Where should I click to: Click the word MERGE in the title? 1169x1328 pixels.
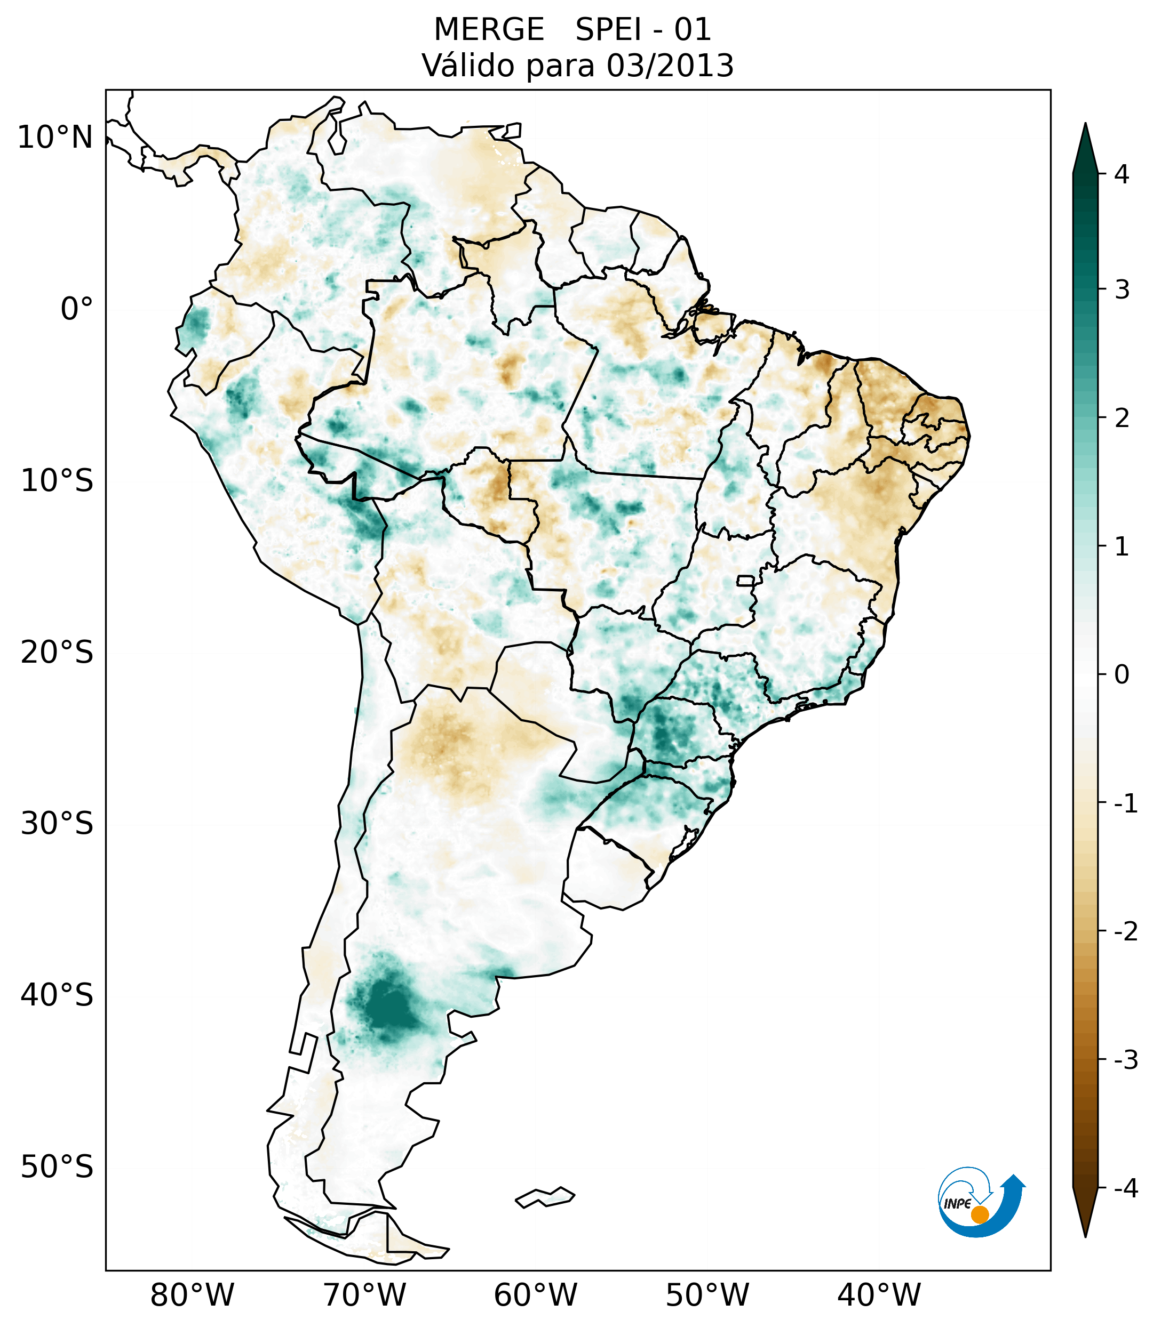[489, 30]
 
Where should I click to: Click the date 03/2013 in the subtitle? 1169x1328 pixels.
[670, 66]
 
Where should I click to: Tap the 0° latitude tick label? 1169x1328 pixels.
[77, 309]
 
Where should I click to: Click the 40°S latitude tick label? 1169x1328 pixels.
[57, 995]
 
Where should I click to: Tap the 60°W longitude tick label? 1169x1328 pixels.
[535, 1295]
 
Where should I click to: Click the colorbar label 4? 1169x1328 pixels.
[1122, 174]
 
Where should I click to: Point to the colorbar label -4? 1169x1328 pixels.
[1125, 1189]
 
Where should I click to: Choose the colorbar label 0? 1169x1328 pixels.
[1122, 675]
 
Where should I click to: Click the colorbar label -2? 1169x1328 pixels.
[1125, 932]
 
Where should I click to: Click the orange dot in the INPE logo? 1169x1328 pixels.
[979, 1214]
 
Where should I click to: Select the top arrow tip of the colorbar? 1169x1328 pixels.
[1085, 125]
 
